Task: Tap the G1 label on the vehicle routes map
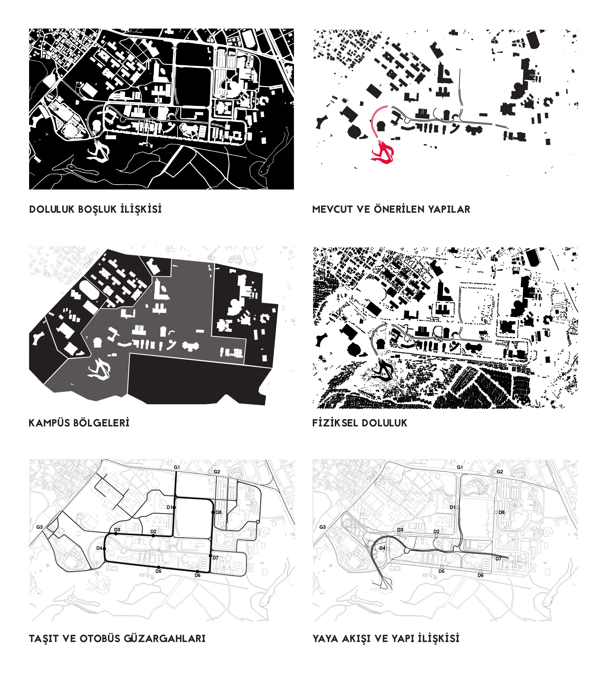tap(177, 467)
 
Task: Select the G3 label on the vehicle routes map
tap(39, 527)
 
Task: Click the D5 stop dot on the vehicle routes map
tap(159, 567)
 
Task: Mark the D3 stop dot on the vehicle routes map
tap(116, 534)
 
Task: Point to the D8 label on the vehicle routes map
tap(218, 512)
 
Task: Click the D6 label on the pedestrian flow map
tap(480, 575)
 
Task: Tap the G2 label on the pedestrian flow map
tap(500, 472)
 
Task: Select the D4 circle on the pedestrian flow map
tap(388, 549)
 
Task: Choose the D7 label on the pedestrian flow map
tap(498, 559)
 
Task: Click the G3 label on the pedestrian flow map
tap(322, 527)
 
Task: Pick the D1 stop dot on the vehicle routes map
tap(174, 507)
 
